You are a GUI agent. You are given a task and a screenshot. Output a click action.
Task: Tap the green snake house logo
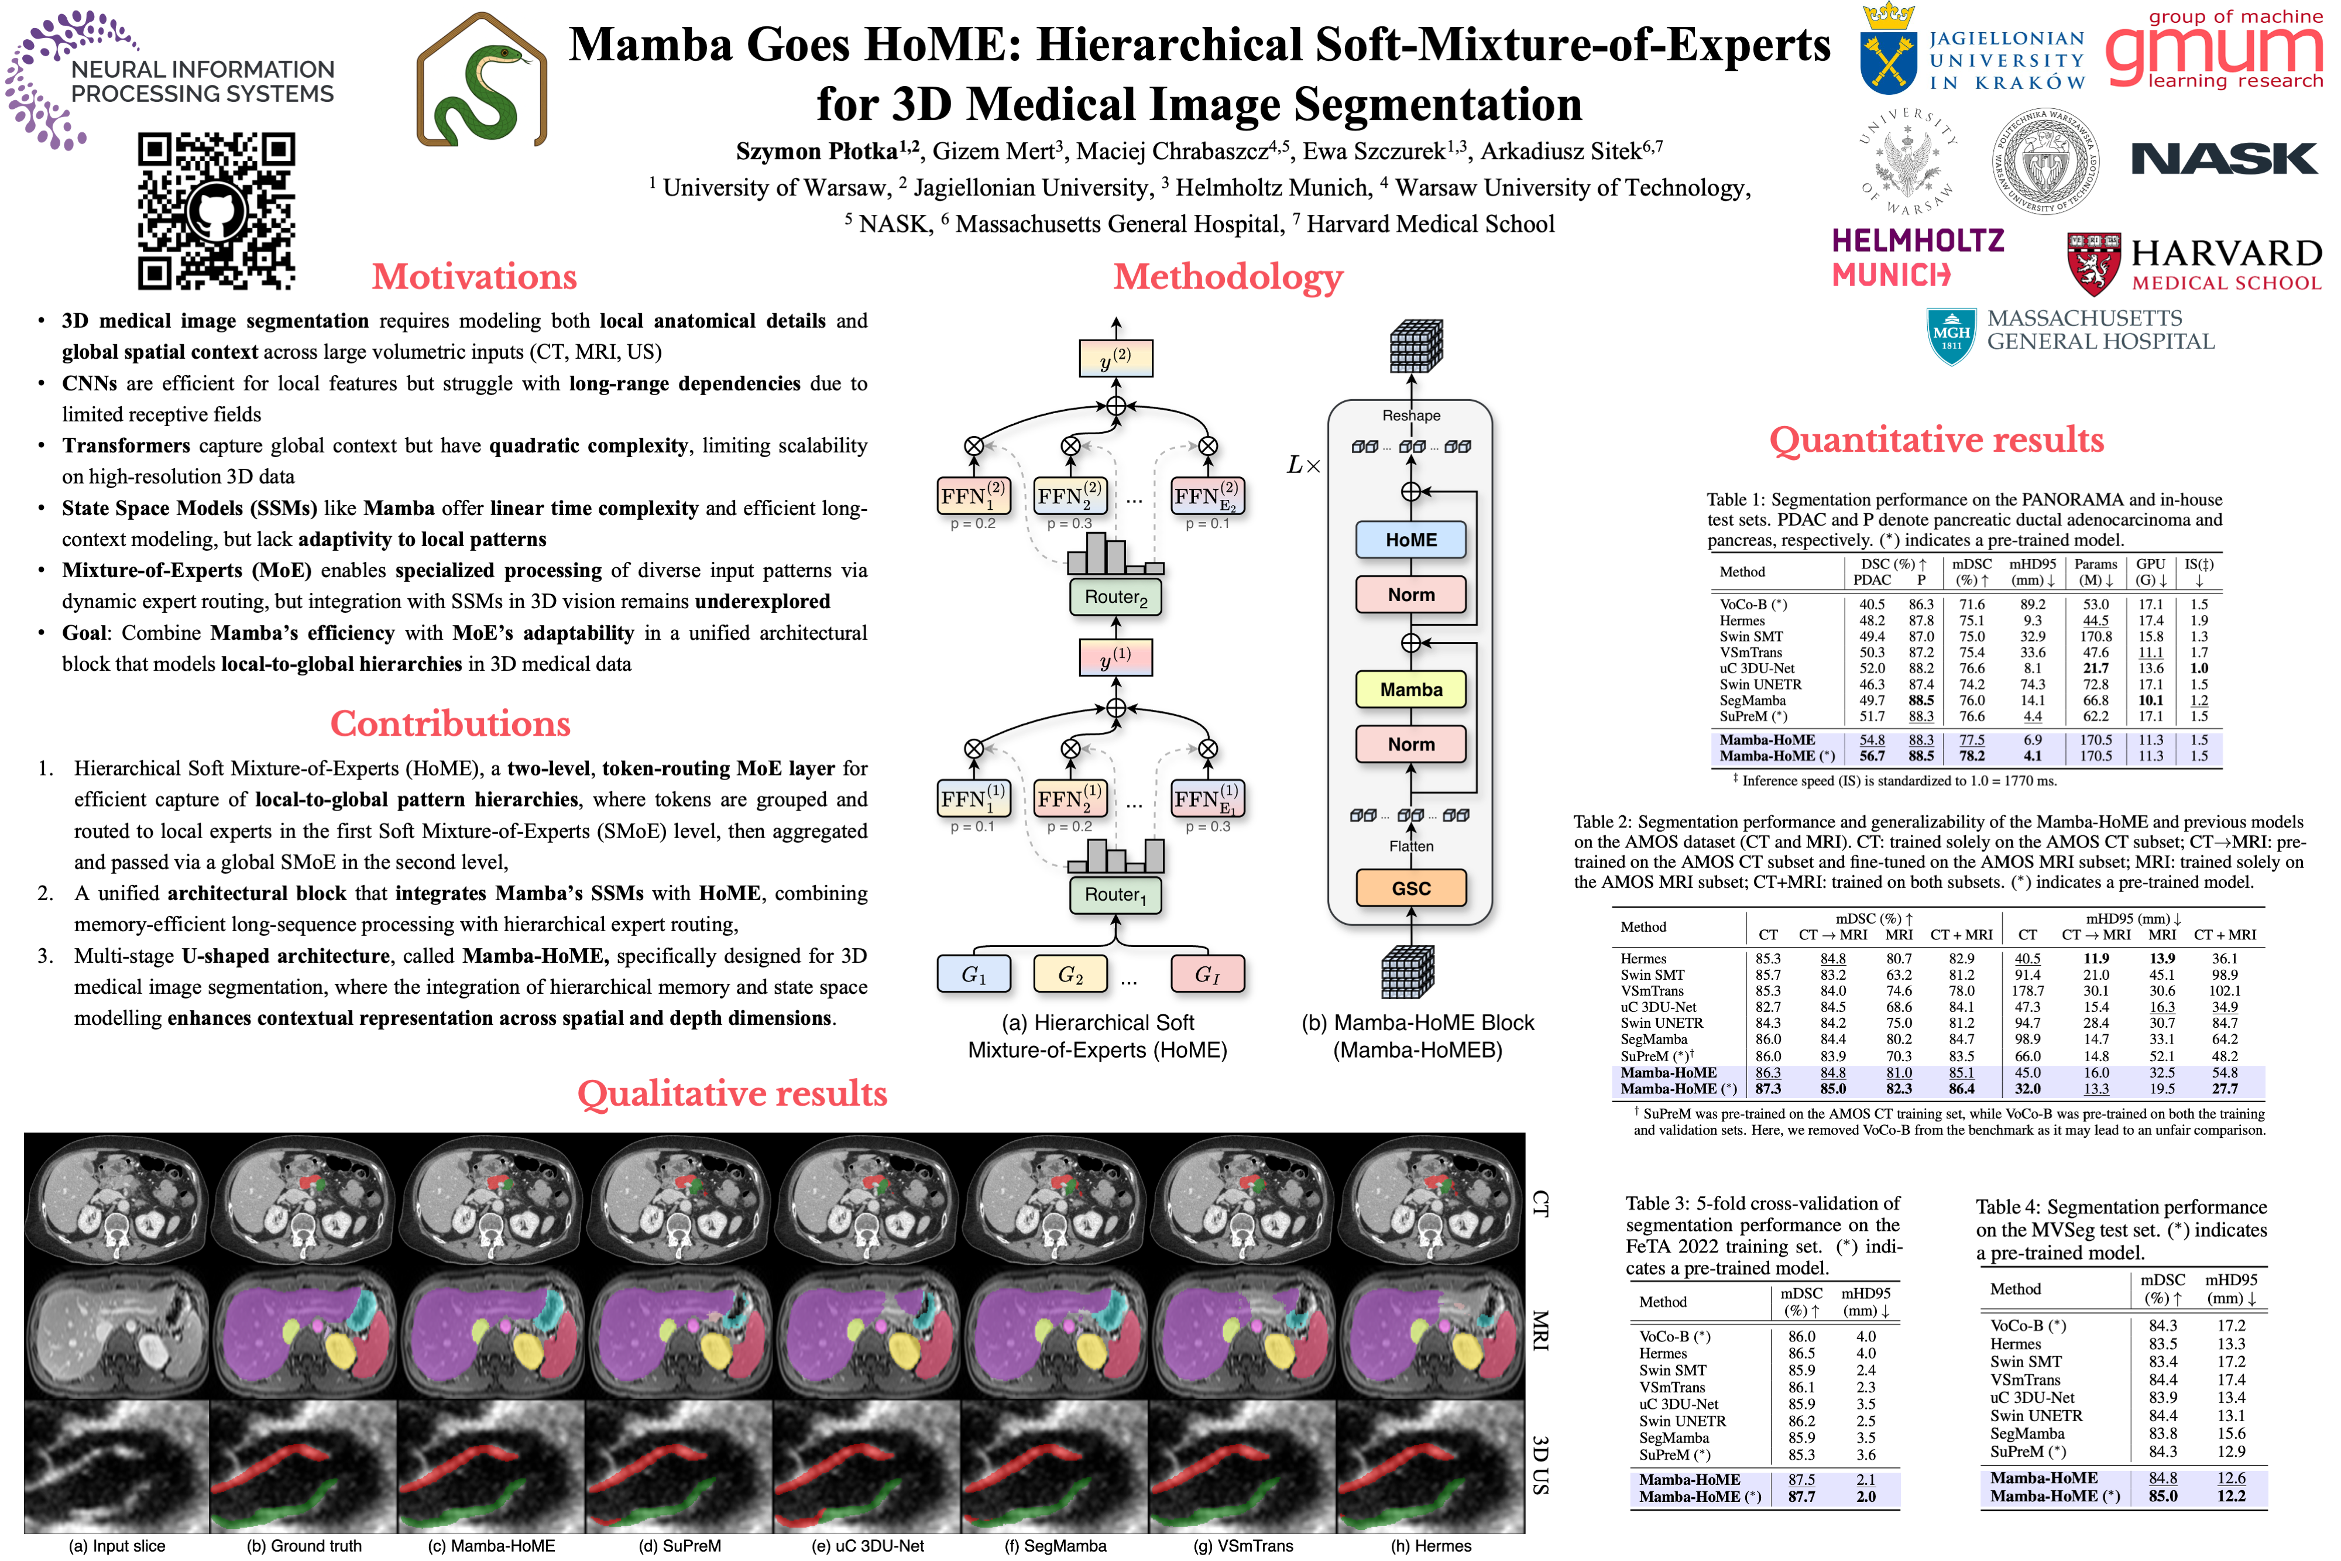[482, 81]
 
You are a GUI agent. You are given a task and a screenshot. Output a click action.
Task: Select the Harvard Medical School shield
[2093, 264]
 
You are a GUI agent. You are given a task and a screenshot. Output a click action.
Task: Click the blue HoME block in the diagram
[1410, 540]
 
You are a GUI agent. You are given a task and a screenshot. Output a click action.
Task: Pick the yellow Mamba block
[1410, 689]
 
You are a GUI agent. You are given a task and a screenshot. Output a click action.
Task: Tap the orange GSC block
[1410, 888]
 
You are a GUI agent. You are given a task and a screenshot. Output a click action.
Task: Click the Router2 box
[1115, 598]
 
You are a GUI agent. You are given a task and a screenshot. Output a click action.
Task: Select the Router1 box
[1115, 895]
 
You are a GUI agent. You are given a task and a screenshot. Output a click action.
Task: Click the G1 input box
[973, 973]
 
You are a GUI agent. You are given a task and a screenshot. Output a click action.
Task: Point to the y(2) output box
[1115, 358]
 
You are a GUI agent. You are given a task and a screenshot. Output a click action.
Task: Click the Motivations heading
[474, 277]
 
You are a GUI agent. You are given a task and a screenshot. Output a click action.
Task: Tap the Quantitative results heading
[1936, 440]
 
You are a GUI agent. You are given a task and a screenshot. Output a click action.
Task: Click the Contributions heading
[450, 724]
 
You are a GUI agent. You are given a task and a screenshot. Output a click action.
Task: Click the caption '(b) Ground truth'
[304, 1545]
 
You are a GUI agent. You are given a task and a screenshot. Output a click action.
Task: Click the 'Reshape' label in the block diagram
[1410, 415]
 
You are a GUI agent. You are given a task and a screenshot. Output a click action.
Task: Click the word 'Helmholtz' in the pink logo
[1918, 241]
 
